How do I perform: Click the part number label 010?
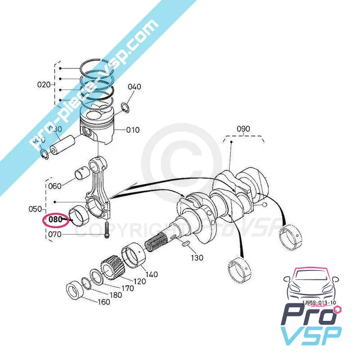(x=133, y=130)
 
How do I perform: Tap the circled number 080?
(x=55, y=220)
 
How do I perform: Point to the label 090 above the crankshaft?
(x=243, y=128)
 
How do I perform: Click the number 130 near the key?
(x=197, y=258)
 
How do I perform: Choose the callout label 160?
(x=103, y=302)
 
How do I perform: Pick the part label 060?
(x=54, y=186)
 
